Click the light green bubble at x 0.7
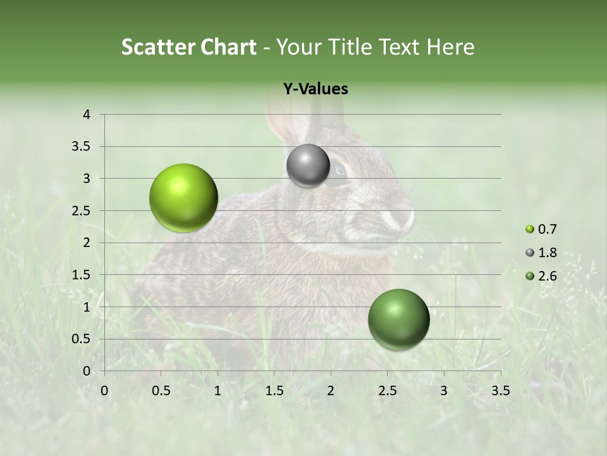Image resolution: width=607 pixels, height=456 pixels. [x=184, y=198]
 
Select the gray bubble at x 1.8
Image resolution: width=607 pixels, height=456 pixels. [x=308, y=166]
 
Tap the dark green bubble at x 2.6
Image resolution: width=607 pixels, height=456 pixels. [x=398, y=319]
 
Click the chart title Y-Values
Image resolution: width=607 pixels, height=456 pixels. [x=315, y=89]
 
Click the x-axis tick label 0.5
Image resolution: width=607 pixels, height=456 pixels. [x=161, y=391]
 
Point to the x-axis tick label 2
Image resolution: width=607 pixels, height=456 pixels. [x=331, y=391]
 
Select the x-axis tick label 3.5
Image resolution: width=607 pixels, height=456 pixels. [x=500, y=391]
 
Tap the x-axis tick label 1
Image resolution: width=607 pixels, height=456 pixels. [x=218, y=391]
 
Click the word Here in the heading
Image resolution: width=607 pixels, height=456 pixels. [x=450, y=47]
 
